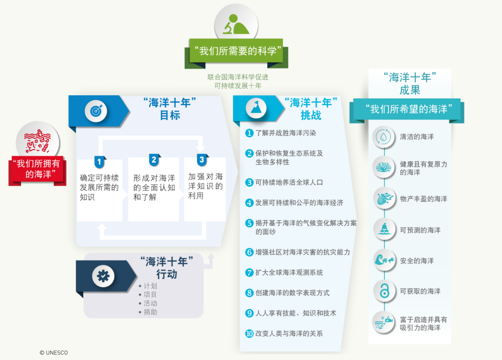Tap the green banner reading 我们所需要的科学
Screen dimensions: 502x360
pos(236,51)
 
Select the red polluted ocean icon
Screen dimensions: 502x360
pos(38,141)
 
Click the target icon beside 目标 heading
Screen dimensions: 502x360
pos(96,111)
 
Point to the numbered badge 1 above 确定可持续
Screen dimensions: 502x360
pos(99,162)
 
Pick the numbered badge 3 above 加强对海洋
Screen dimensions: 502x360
pos(202,160)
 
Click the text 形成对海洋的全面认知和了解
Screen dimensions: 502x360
pos(154,187)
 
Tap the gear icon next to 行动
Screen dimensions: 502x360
pos(103,275)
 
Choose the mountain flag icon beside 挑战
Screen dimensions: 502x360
pos(256,108)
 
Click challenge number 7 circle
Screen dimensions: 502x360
pos(249,273)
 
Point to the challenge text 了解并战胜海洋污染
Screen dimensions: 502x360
pos(285,133)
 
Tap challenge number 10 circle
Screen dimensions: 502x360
pos(249,334)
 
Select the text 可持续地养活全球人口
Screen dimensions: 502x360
pos(289,183)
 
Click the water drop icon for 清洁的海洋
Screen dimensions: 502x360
pos(383,137)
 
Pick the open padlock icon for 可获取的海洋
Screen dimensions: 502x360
pos(384,291)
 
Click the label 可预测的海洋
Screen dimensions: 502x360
pos(420,230)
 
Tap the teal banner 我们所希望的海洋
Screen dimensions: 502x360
pos(408,110)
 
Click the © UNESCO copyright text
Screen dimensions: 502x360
pos(54,353)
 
